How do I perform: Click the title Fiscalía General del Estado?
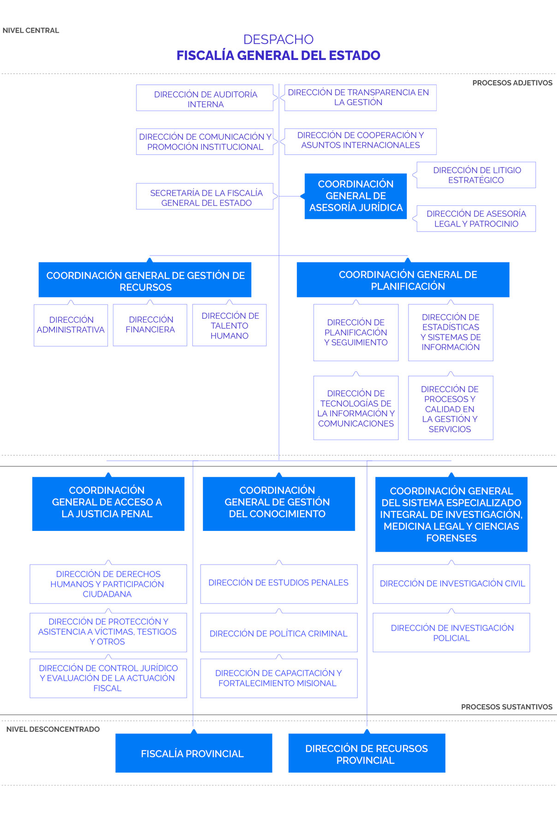coord(278,56)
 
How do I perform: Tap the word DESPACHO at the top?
coord(278,39)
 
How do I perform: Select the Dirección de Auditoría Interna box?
coord(205,98)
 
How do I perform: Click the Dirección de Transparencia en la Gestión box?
coord(360,98)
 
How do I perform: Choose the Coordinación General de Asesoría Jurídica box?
coord(356,196)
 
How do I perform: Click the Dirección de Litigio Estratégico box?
coord(476,175)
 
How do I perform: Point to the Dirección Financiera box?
coord(150,325)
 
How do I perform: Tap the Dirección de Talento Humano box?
coord(229,325)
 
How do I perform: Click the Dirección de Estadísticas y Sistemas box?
coord(450,332)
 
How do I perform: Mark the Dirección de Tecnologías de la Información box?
coord(356,408)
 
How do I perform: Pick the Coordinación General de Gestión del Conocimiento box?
coord(278,503)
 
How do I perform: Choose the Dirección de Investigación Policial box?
coord(451,632)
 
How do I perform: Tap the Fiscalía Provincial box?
coord(193,753)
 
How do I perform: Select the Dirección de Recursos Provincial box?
coord(367,753)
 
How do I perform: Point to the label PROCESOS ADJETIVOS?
coord(512,83)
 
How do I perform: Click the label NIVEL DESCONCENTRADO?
coord(53,729)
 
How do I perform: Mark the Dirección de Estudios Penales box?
coord(278,583)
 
